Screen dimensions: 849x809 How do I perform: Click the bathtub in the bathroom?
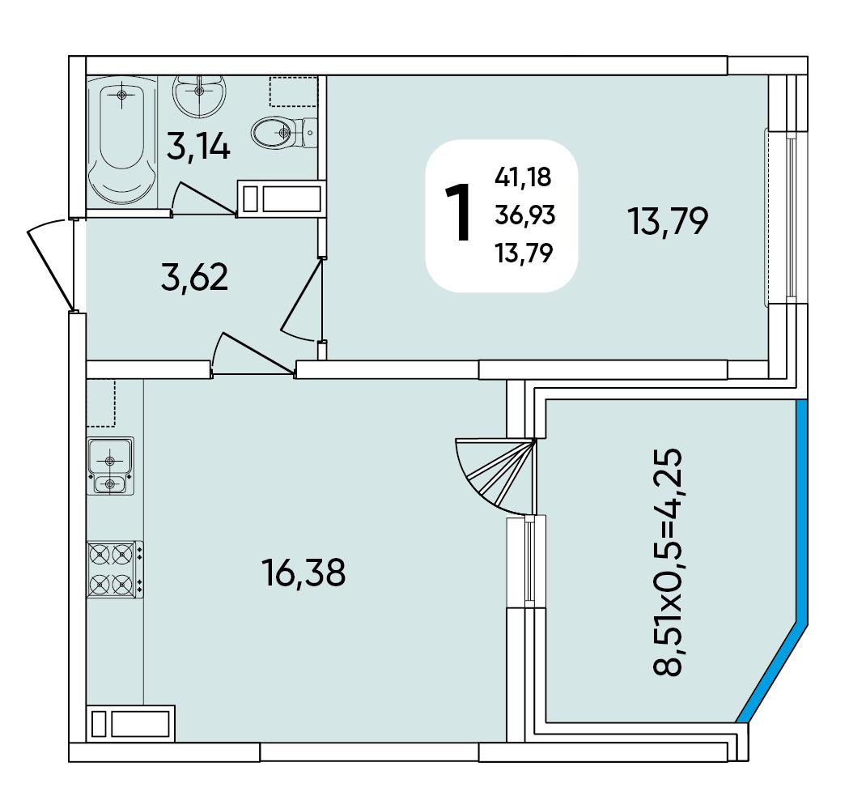point(122,142)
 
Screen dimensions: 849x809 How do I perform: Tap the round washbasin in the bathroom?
point(199,96)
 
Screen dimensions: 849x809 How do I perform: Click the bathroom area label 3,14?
point(198,148)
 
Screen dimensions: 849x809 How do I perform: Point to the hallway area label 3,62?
point(194,278)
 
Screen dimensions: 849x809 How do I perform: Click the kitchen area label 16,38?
point(304,573)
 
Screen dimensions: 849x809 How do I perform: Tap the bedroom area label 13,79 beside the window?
point(668,221)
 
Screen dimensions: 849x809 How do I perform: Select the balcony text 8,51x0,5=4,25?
point(667,562)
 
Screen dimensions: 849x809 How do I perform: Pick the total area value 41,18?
point(523,177)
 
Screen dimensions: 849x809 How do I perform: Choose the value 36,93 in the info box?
point(524,215)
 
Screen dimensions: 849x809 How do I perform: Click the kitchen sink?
point(110,466)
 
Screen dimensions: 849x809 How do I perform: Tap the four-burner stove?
point(115,569)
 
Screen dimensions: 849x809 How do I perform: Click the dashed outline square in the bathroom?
point(293,91)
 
